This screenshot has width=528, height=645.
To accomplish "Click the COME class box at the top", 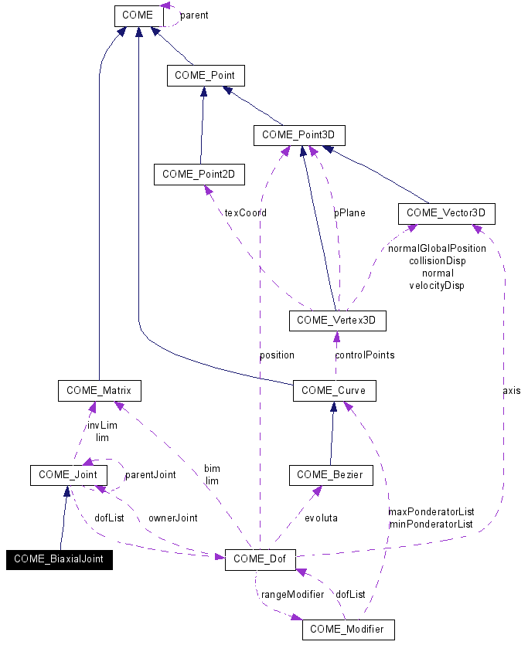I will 138,15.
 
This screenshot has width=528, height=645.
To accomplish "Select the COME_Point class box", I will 206,75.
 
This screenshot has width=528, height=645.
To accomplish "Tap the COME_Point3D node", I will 299,134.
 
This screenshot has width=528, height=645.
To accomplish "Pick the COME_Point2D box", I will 199,175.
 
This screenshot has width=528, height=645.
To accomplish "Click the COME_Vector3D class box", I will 445,212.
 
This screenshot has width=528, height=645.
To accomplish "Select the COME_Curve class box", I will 334,391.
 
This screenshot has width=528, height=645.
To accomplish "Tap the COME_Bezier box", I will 331,475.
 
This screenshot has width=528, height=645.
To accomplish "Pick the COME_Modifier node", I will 348,630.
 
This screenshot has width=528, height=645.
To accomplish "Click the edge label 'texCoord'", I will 245,212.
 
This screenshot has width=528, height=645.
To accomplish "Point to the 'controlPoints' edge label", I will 364,355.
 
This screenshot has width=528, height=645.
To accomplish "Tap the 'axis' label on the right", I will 511,391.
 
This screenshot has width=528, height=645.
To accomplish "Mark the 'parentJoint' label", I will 150,475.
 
